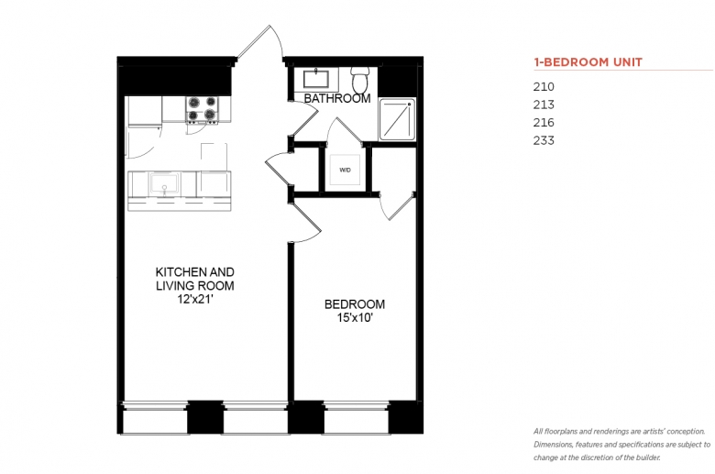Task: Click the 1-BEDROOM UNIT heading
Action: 588,62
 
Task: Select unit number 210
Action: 544,87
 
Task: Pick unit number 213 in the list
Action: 544,105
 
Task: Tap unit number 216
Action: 544,122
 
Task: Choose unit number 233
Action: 544,140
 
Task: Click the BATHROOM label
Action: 337,98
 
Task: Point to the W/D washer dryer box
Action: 345,170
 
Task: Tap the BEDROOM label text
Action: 355,304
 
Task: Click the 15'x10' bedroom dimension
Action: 355,318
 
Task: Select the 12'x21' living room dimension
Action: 195,300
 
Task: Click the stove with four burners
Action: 202,109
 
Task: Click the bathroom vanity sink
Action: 316,79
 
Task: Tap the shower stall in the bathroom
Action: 397,119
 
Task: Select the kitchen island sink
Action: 164,185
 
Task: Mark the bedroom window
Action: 356,417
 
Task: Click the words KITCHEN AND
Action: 195,272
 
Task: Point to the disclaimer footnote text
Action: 622,445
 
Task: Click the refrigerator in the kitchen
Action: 145,110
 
